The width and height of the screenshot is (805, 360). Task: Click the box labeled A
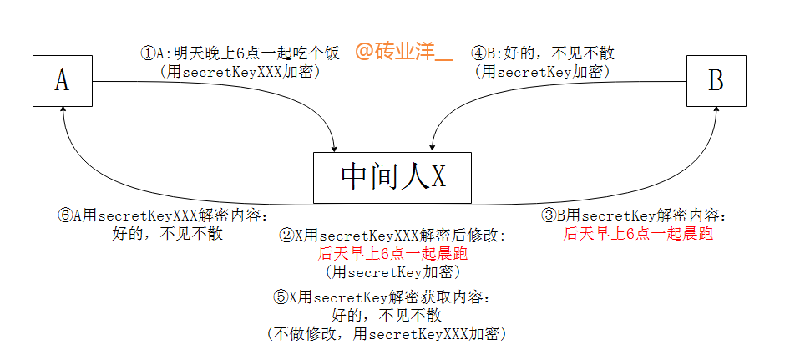pyautogui.click(x=62, y=80)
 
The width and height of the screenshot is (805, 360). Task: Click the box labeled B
pyautogui.click(x=716, y=80)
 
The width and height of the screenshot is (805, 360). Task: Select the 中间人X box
pyautogui.click(x=392, y=177)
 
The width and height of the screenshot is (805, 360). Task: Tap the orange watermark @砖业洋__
pyautogui.click(x=403, y=52)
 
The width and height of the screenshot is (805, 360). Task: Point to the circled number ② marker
pyautogui.click(x=286, y=236)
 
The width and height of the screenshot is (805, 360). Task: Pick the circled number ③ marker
pyautogui.click(x=549, y=215)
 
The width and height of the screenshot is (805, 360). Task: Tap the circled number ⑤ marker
pyautogui.click(x=281, y=297)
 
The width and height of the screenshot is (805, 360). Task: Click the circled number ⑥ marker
pyautogui.click(x=65, y=215)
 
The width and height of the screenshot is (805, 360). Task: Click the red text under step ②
pyautogui.click(x=393, y=253)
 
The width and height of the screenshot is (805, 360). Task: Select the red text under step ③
pyautogui.click(x=639, y=234)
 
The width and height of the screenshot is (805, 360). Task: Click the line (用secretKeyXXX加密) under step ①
pyautogui.click(x=240, y=72)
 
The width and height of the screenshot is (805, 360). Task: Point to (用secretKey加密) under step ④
pyautogui.click(x=543, y=72)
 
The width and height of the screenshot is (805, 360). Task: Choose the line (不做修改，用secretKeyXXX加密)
pyautogui.click(x=387, y=334)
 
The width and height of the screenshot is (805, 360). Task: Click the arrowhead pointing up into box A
pyautogui.click(x=63, y=114)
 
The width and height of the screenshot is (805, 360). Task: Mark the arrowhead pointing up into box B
pyautogui.click(x=716, y=114)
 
